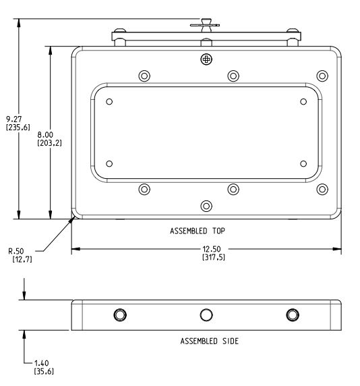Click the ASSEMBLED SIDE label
209,341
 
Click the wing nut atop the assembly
205,25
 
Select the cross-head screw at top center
206,59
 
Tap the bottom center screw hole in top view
206,205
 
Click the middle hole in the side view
206,314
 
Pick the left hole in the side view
120,314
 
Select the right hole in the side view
292,314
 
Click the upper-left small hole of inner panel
109,102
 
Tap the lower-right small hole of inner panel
303,163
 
